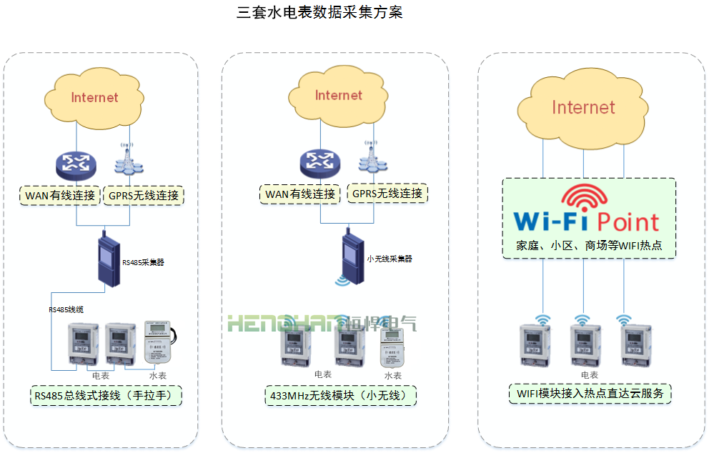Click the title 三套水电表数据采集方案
(319, 13)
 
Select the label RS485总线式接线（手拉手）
(107, 394)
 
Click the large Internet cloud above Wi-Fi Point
(583, 108)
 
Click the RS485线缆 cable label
(66, 309)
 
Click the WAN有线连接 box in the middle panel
(300, 194)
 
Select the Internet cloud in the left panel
(94, 97)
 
